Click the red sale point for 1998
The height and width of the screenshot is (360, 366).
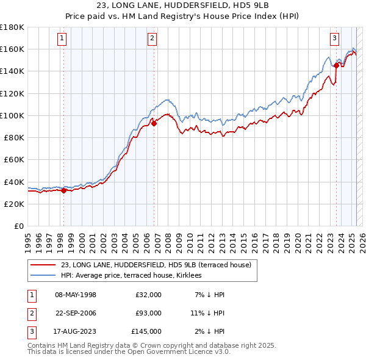click(x=63, y=190)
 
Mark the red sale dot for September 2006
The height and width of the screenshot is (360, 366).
click(x=154, y=123)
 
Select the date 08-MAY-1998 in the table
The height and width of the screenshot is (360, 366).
click(x=76, y=295)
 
